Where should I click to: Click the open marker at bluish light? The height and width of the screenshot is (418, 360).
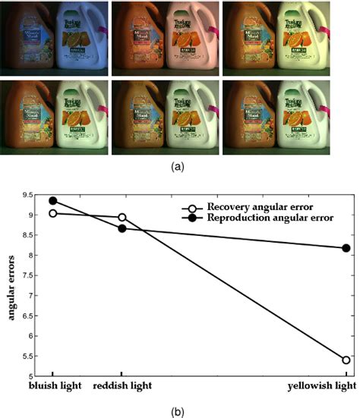pos(52,213)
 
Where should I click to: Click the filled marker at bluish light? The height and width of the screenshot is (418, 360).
pos(52,201)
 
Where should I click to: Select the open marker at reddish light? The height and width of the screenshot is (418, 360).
pos(122,217)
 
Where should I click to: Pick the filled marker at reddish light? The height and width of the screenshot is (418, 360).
pos(122,228)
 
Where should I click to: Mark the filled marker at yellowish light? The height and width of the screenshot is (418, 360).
pos(346,248)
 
